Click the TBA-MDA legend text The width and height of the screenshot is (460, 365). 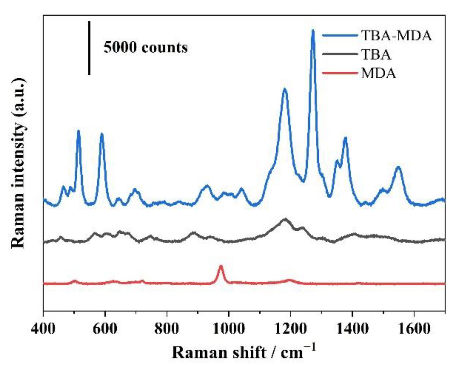point(396,35)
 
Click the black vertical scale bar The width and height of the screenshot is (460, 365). point(89,48)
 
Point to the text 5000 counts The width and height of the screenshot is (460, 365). point(146,47)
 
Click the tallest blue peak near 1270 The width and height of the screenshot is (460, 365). point(313,31)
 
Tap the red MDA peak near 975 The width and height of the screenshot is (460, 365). point(221,266)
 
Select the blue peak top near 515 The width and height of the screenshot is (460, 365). point(79,131)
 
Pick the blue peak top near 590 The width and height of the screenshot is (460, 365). point(102,134)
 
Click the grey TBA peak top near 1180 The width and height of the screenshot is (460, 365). point(285,219)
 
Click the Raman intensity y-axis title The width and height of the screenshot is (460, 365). point(18,162)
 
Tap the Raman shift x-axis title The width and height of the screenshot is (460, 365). point(244,353)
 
